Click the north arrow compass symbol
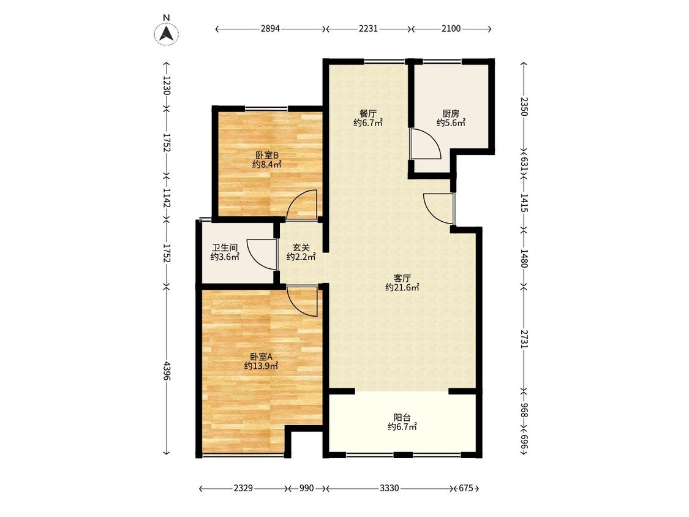click(x=166, y=34)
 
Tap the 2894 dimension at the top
click(x=270, y=29)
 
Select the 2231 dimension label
click(x=368, y=29)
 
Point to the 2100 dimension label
click(x=451, y=29)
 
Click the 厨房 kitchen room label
click(x=451, y=113)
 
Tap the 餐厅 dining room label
click(x=368, y=113)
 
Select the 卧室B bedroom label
click(x=267, y=155)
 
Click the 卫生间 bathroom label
click(x=225, y=248)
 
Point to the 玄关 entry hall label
click(x=301, y=248)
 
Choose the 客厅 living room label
click(x=402, y=278)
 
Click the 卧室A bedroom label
click(x=262, y=357)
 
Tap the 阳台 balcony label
click(x=402, y=417)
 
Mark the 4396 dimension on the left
click(x=167, y=371)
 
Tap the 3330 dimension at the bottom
click(x=390, y=488)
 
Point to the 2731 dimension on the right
click(x=524, y=339)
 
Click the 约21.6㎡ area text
click(x=402, y=287)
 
